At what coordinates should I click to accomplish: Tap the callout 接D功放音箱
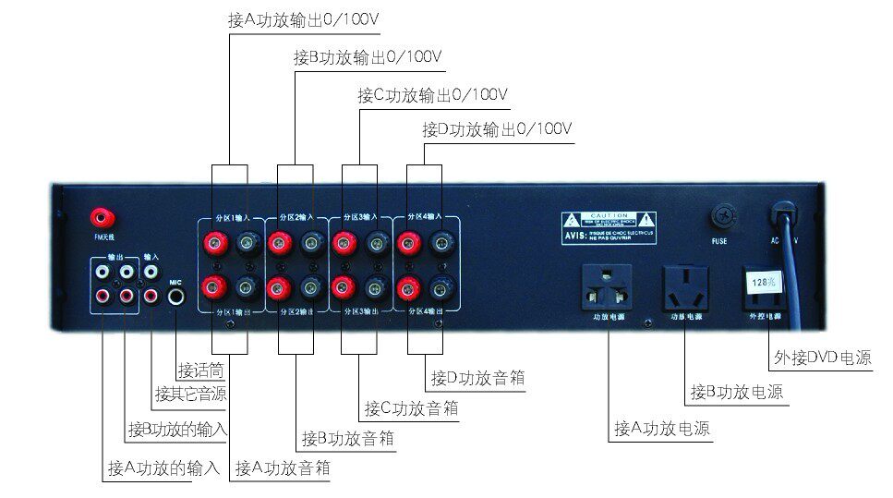coord(477,378)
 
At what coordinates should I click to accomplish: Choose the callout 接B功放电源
coord(737,392)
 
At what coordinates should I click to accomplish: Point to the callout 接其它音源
coord(190,394)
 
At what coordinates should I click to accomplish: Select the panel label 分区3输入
coord(356,217)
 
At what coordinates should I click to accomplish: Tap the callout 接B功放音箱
coord(347,438)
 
